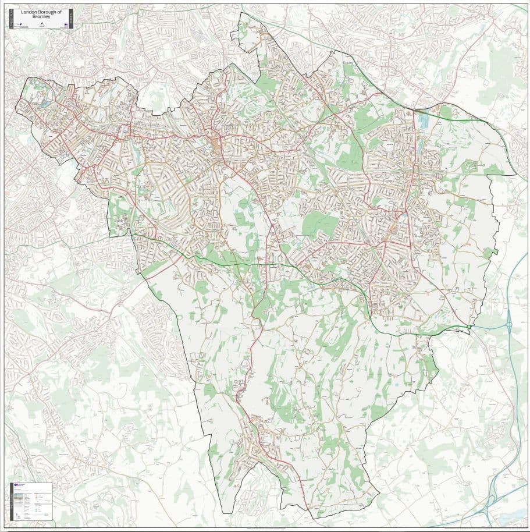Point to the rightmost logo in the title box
tap(66, 24)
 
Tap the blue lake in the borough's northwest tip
tap(45, 104)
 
